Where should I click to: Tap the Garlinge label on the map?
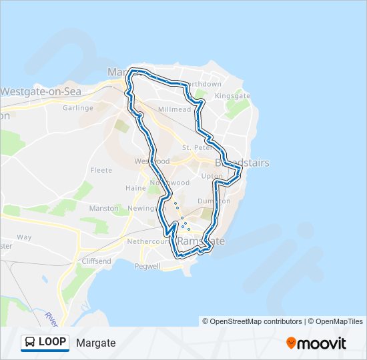(78, 108)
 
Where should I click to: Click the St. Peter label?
(196, 147)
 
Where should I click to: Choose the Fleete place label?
(101, 170)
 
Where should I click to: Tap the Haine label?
(135, 188)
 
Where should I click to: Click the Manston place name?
(104, 209)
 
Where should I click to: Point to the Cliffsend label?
(97, 261)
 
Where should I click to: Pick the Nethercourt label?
(147, 242)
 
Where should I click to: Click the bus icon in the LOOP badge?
(31, 343)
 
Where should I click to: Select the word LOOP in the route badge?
(52, 342)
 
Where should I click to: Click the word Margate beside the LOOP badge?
(96, 343)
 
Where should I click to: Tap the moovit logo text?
(323, 343)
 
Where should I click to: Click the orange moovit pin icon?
(292, 343)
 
